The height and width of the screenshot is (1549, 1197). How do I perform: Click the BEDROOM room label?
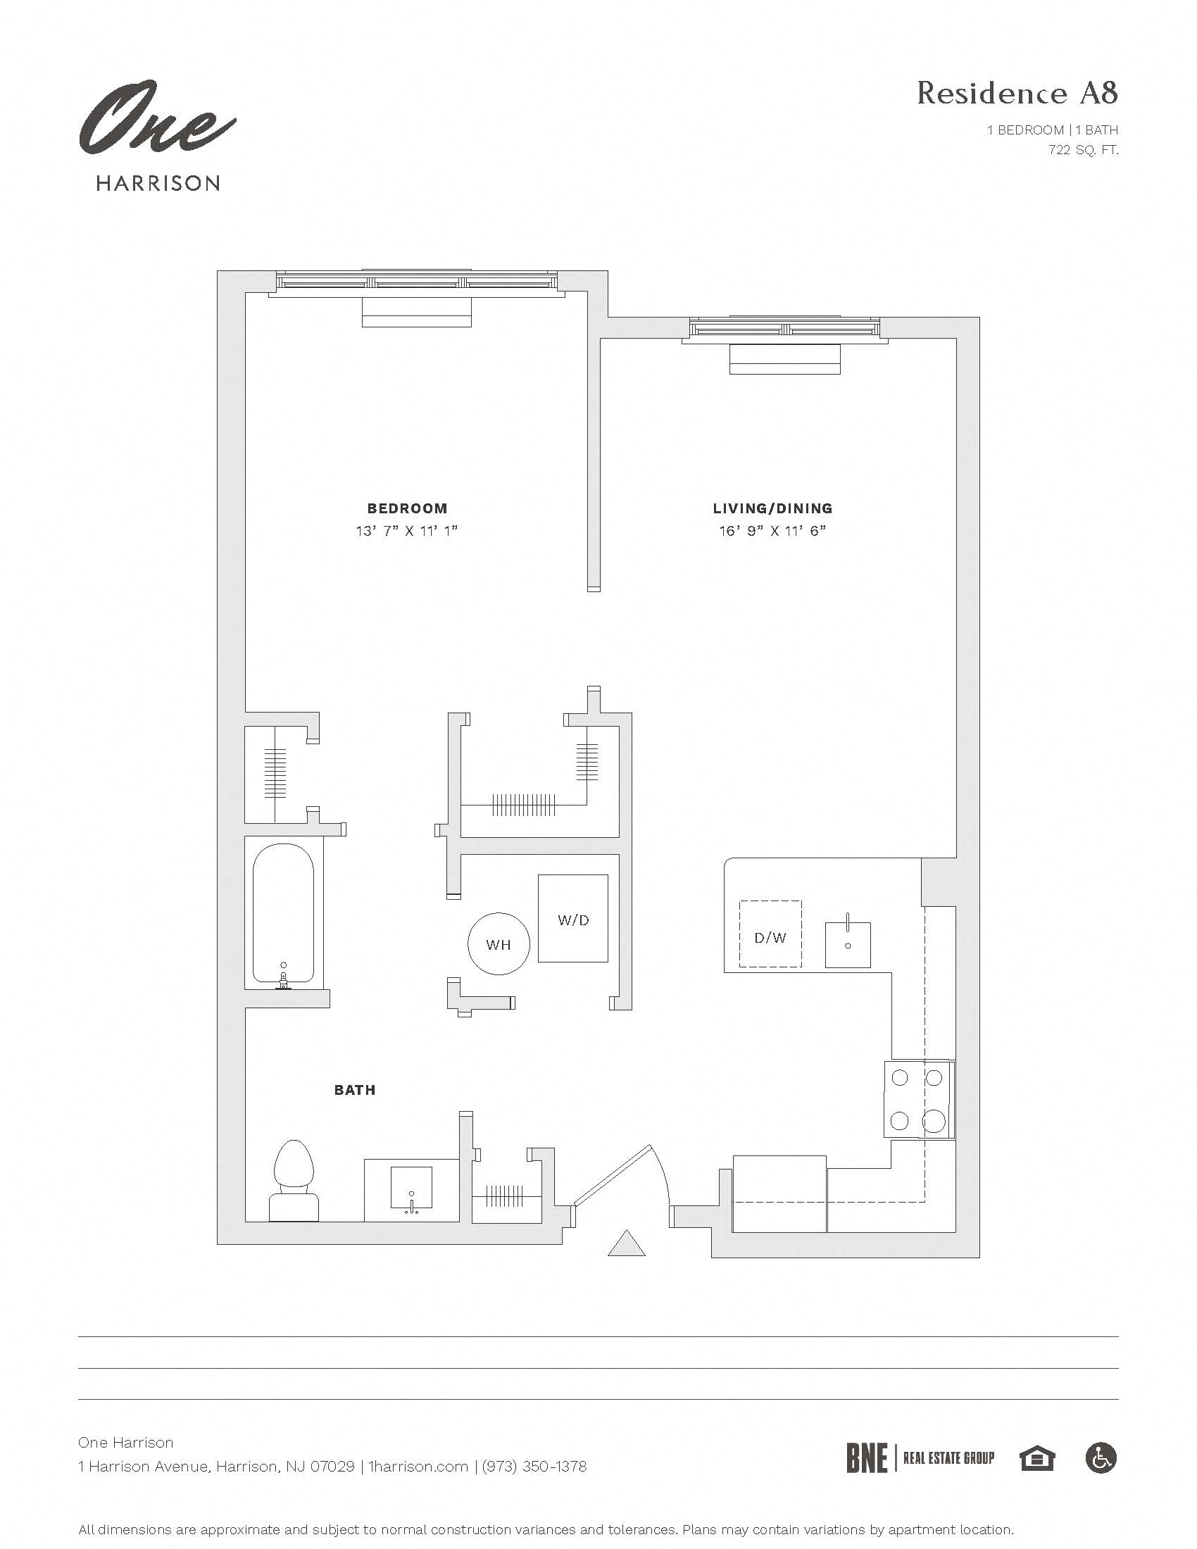[x=407, y=508]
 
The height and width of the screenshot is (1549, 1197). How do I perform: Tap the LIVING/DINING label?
[x=772, y=508]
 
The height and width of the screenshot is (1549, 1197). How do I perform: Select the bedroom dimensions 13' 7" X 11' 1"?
[x=407, y=530]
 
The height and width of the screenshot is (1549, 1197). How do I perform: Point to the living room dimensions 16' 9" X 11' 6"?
[x=772, y=530]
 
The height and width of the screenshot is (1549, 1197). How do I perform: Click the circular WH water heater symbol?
[x=499, y=944]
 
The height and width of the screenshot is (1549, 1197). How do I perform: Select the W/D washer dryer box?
[x=573, y=919]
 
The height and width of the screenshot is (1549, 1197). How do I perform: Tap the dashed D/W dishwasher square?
[x=770, y=934]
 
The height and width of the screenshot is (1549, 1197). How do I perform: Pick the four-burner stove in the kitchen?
[x=917, y=1099]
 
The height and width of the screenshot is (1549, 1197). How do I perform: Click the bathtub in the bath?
[x=284, y=913]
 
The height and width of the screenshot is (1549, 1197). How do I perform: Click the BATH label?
[x=355, y=1090]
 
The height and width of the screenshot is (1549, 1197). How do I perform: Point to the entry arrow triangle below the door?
[x=626, y=1244]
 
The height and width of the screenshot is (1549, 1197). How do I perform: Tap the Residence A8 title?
[x=1017, y=94]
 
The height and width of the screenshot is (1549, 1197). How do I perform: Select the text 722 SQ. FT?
[x=1083, y=150]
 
